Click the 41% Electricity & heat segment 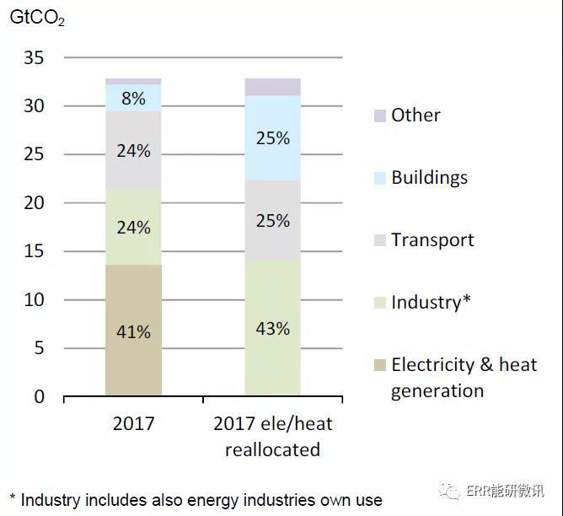click(133, 331)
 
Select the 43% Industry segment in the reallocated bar click(272, 328)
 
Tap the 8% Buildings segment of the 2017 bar click(133, 98)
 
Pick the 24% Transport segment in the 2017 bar click(133, 151)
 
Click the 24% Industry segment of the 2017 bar click(133, 228)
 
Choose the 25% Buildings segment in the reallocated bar click(272, 137)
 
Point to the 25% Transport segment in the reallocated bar click(272, 221)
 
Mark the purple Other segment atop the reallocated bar click(272, 87)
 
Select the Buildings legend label click(429, 178)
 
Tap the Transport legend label click(432, 240)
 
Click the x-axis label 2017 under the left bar click(133, 423)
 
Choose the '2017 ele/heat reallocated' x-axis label click(272, 436)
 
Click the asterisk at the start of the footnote click(13, 497)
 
